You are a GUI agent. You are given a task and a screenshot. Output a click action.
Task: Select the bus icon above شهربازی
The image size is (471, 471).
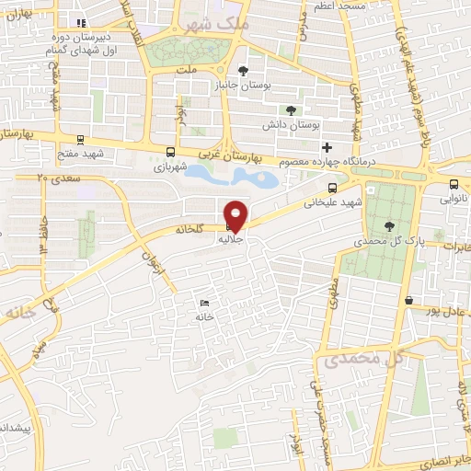click(x=169, y=153)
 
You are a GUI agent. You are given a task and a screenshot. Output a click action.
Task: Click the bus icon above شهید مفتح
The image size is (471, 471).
click(x=82, y=140)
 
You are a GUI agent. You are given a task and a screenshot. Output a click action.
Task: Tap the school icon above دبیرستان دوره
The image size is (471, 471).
click(x=82, y=22)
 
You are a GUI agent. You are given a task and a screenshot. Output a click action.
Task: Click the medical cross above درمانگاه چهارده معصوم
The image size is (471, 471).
click(x=326, y=147)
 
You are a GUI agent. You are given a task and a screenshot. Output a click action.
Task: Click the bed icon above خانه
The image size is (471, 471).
click(x=204, y=303)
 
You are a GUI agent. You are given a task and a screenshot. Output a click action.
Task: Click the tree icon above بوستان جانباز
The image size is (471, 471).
click(x=242, y=70)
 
